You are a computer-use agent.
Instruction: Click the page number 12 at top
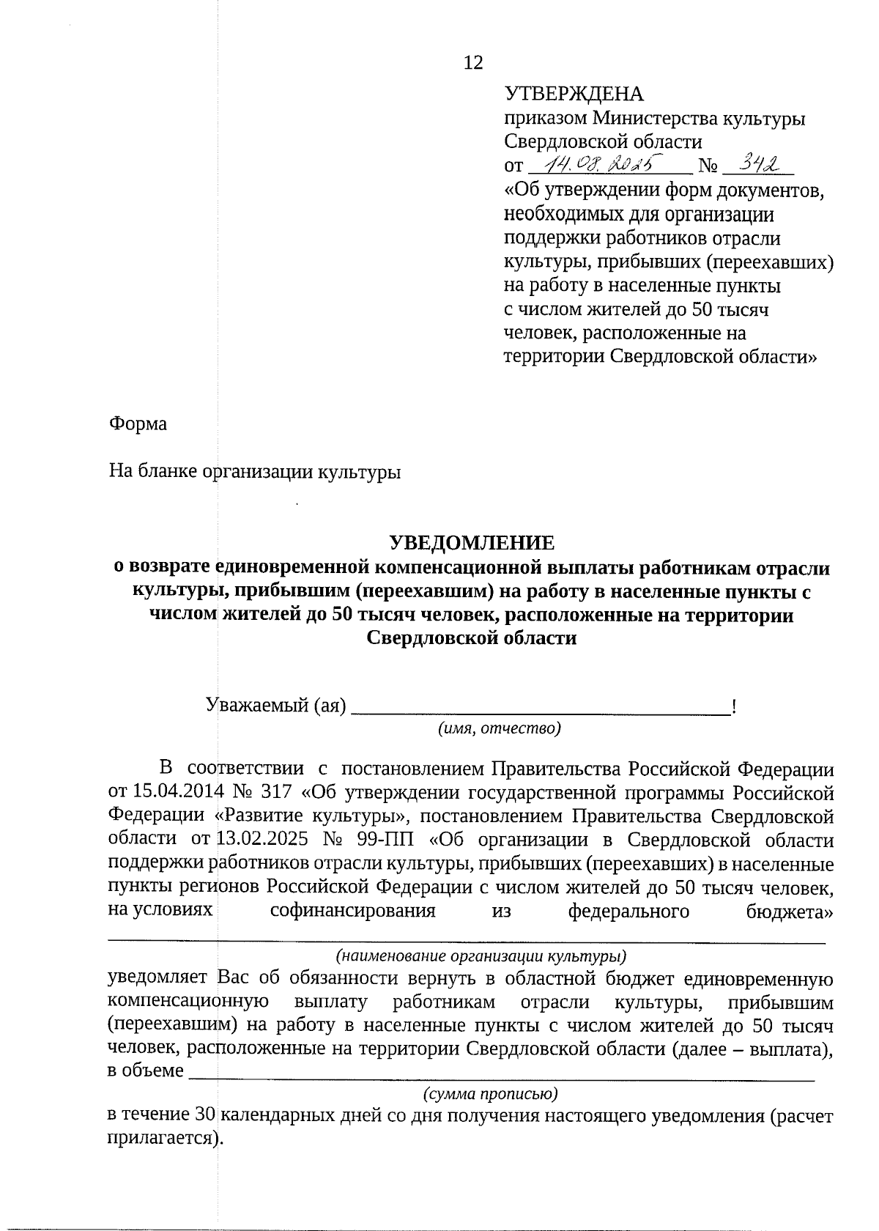click(x=473, y=63)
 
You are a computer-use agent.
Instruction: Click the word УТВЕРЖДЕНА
click(x=574, y=95)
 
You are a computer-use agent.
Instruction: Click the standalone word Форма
click(x=138, y=424)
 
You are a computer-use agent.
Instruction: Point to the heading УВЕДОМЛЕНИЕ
click(x=471, y=543)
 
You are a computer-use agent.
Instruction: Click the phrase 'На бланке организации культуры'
click(x=255, y=471)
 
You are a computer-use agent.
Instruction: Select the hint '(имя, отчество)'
click(x=499, y=728)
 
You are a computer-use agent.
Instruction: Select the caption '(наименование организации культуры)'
click(x=481, y=956)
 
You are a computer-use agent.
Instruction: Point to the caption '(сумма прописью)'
click(x=491, y=1095)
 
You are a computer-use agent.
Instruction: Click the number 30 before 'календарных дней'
click(x=204, y=1117)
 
